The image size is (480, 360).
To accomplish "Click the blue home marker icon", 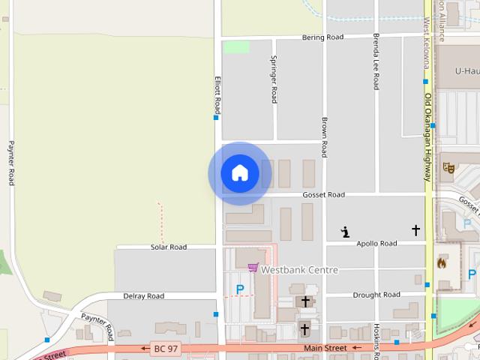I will tap(240, 173).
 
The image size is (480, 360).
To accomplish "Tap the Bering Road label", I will tap(322, 37).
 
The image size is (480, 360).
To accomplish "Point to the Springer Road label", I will tap(274, 79).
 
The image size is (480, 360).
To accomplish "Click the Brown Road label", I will tap(324, 137).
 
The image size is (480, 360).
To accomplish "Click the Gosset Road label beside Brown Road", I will tap(323, 195).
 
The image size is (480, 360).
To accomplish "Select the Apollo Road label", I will tap(376, 244).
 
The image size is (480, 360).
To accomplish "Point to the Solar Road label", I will tap(168, 247).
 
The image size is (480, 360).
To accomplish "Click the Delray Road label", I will tap(143, 296).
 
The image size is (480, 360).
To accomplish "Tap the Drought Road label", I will tap(376, 295).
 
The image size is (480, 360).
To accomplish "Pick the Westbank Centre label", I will tap(299, 270).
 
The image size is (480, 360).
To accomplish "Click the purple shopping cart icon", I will tap(253, 268).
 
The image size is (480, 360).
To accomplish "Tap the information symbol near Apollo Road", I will tap(345, 232).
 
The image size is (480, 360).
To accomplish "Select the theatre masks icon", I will tap(448, 167).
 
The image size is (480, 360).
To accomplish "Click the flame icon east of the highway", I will tap(442, 262).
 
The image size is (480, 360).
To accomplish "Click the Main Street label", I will tap(325, 348).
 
